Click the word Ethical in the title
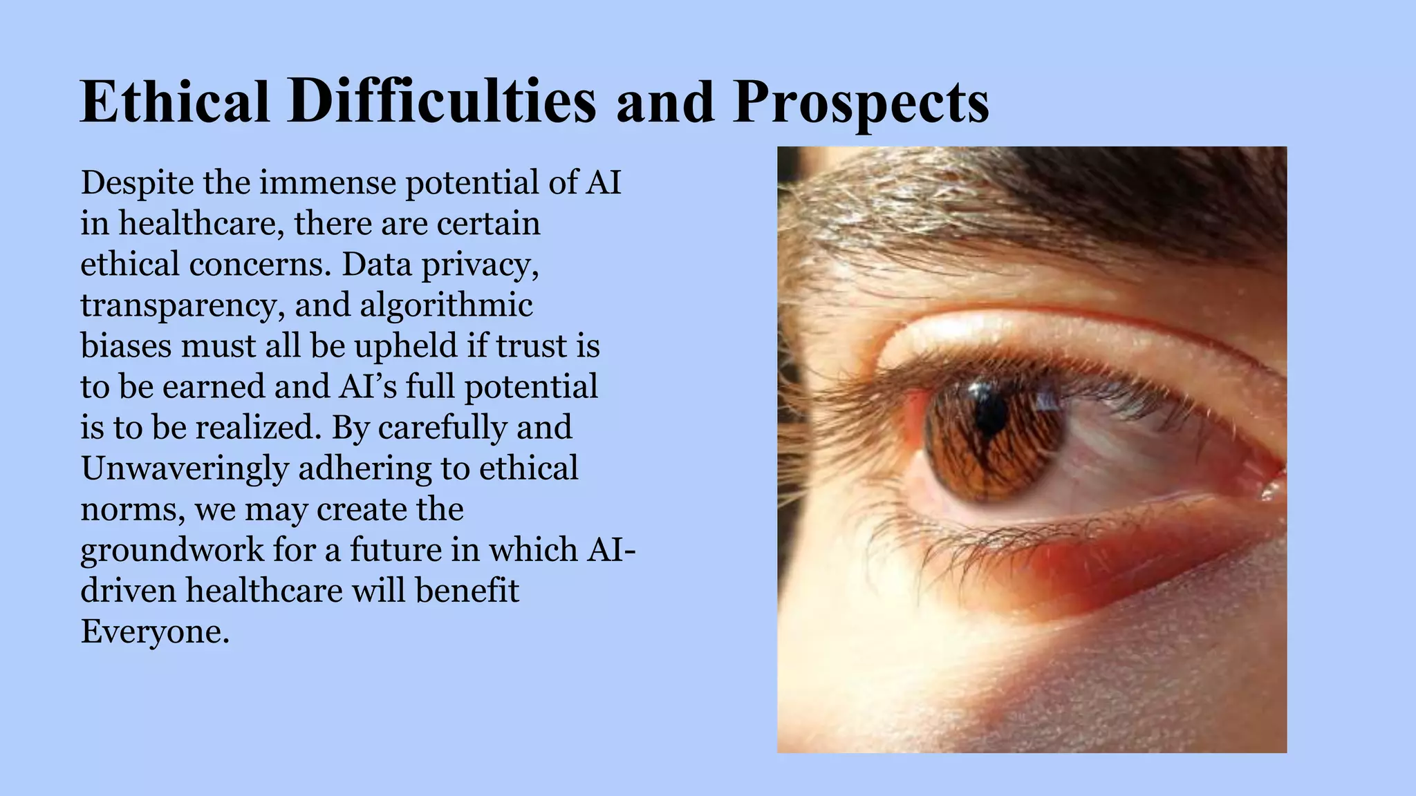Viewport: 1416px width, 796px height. click(x=175, y=102)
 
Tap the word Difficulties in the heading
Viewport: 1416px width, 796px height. click(x=442, y=102)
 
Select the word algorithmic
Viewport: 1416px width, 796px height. click(x=446, y=306)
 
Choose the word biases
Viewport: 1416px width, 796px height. click(x=126, y=346)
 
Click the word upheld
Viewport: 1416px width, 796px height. click(x=406, y=346)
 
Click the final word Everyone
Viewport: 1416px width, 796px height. click(x=155, y=632)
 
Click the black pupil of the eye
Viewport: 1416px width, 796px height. click(x=990, y=415)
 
